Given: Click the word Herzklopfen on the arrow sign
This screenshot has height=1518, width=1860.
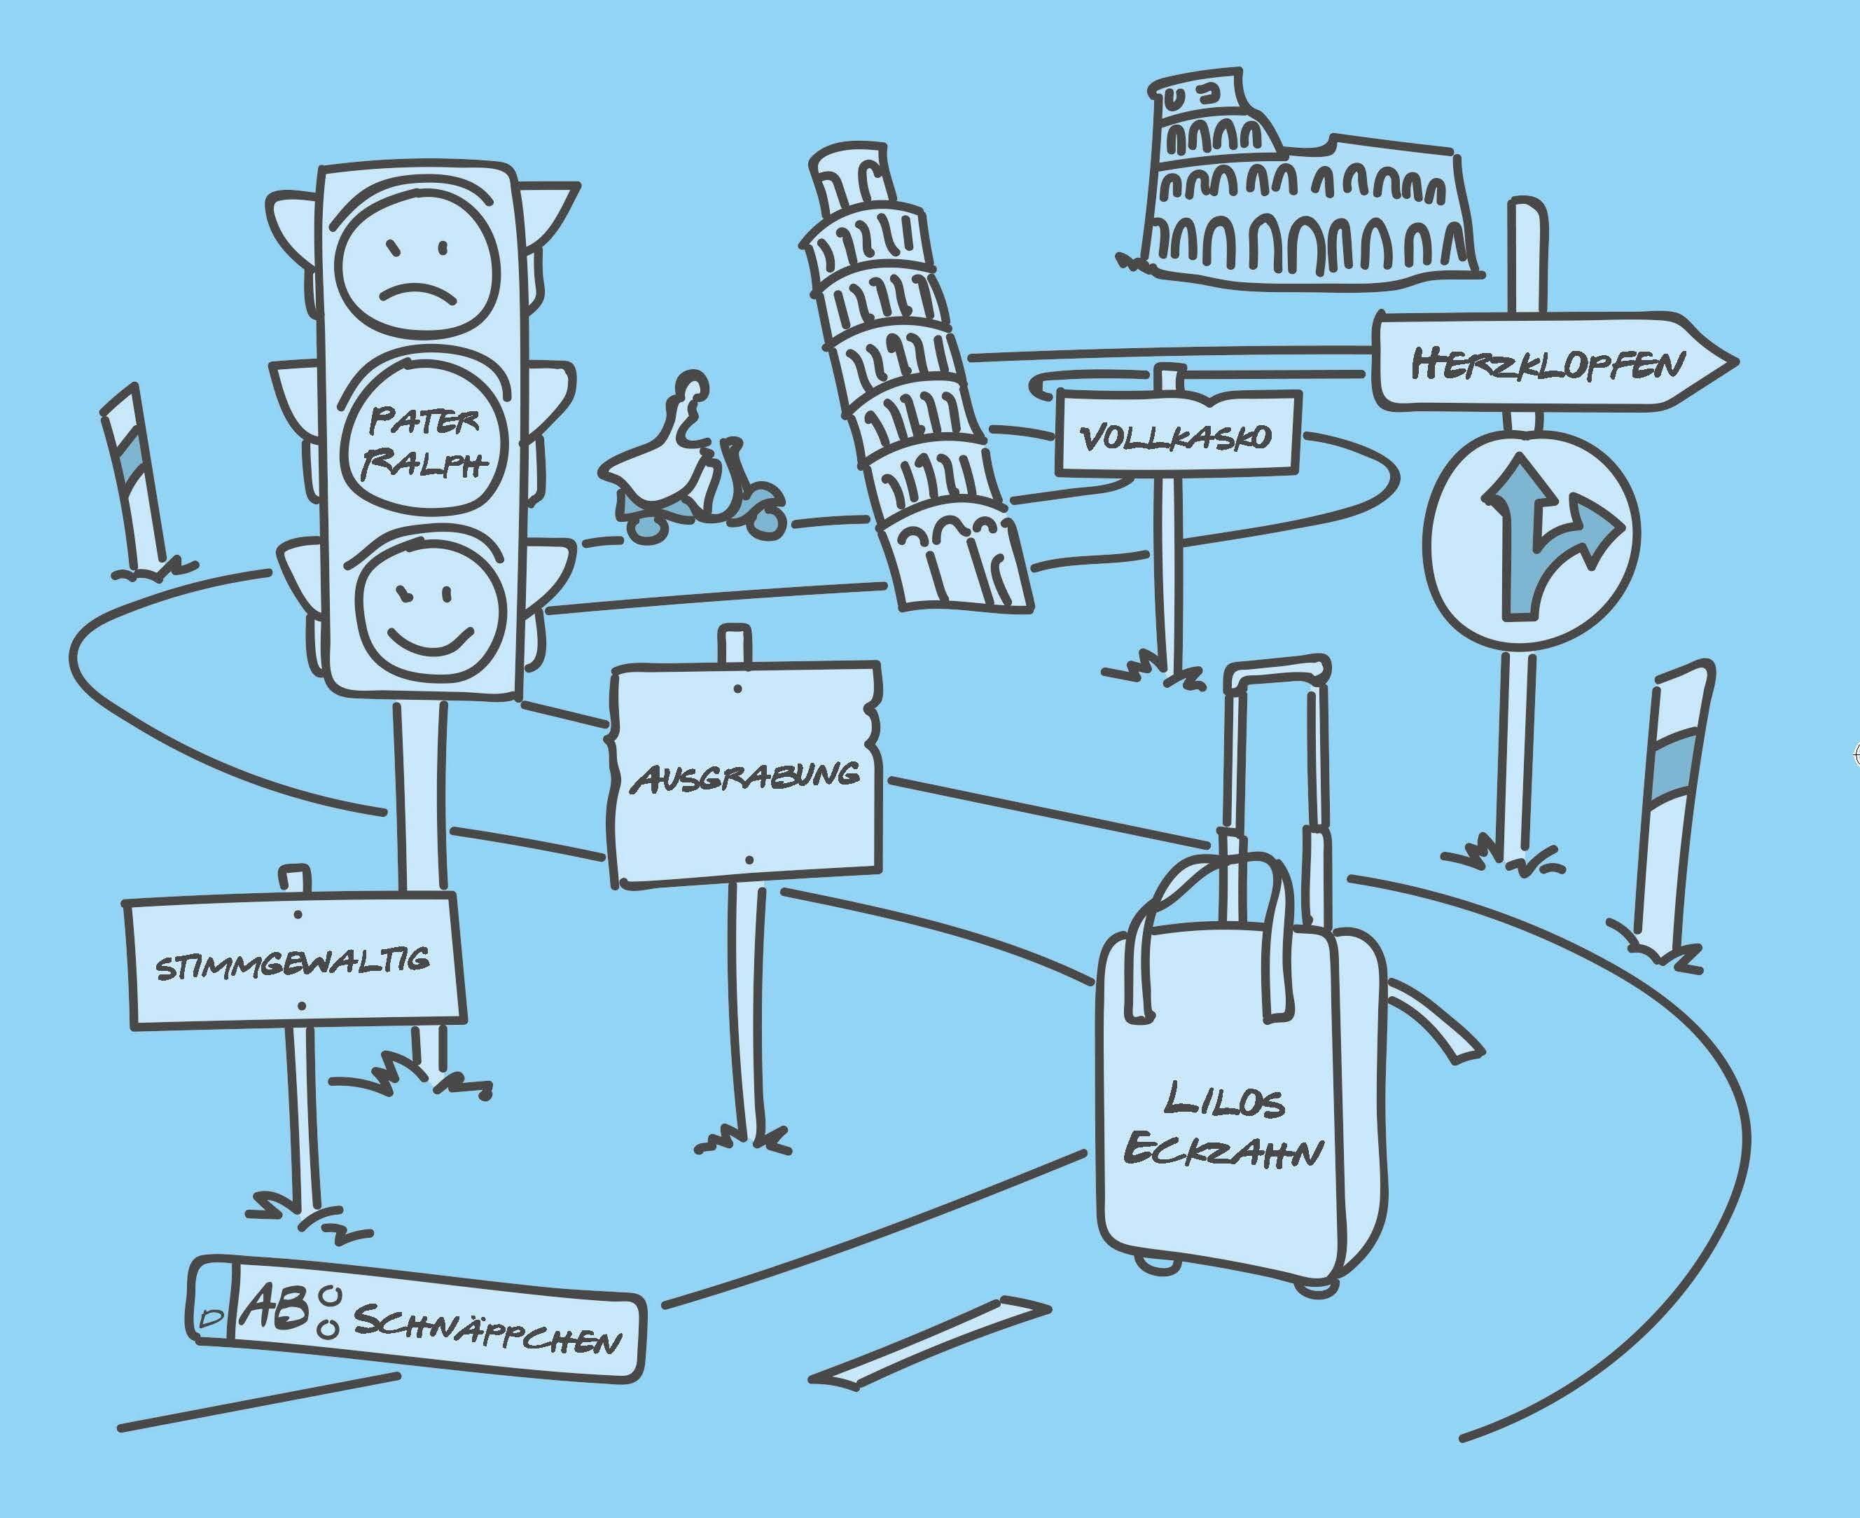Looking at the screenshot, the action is pyautogui.click(x=1547, y=363).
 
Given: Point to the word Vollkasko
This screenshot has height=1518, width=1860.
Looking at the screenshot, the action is pyautogui.click(x=1177, y=436).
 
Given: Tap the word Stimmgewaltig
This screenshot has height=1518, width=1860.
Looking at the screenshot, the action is pyautogui.click(x=293, y=965).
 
